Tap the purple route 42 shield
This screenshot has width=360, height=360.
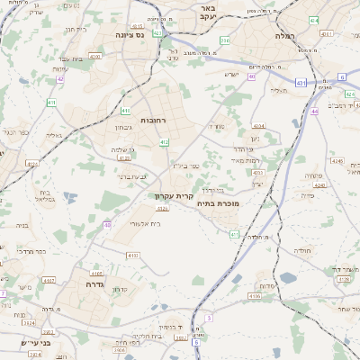pos(60,79)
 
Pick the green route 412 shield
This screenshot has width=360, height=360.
pos(164,142)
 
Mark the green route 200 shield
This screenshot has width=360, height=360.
pos(225,40)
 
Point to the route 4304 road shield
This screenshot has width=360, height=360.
pos(258,126)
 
